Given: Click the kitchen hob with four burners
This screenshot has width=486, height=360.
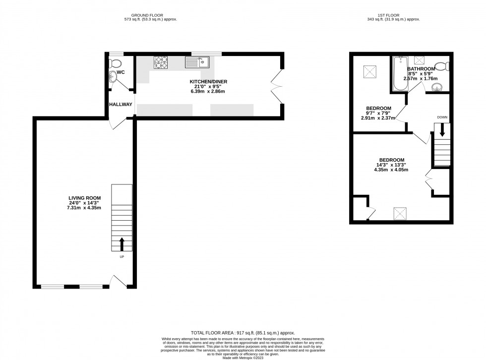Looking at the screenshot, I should click(x=161, y=62).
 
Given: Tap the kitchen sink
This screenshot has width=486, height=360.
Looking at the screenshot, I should click(x=198, y=62).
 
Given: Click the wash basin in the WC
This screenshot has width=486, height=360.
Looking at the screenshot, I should click(x=114, y=77).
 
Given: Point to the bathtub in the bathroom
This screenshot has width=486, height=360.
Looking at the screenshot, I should click(x=400, y=74).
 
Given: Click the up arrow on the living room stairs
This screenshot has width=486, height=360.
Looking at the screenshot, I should click(x=121, y=243).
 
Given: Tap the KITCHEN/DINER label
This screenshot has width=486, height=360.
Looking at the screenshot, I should click(x=208, y=81).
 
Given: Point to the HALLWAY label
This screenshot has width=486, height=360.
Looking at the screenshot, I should click(x=121, y=105).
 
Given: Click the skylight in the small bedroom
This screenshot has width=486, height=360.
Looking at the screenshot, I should click(x=369, y=71).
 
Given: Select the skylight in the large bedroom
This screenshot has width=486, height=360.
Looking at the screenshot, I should click(x=400, y=214).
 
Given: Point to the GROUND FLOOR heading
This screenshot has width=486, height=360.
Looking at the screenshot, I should click(x=150, y=15).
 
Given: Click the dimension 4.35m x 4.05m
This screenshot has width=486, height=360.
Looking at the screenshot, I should click(x=391, y=170).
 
